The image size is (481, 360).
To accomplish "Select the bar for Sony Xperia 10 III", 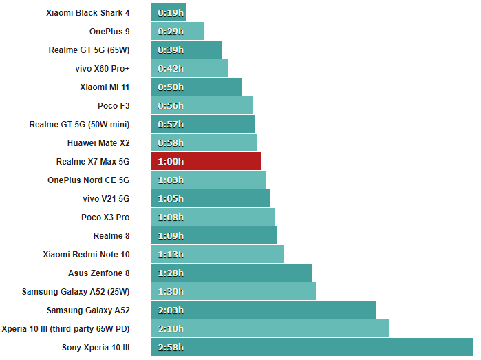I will click(312, 347).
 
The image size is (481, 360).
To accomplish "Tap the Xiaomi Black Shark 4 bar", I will click(168, 12).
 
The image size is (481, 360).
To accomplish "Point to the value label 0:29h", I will click(171, 31).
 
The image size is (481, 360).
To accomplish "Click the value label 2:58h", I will click(171, 347).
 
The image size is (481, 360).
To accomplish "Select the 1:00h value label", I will click(171, 161).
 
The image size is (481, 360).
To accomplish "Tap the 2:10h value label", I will click(171, 328).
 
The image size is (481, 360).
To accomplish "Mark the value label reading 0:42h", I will click(171, 68).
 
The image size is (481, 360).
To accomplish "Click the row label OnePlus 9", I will click(109, 31).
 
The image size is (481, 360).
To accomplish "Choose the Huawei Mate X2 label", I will click(98, 142).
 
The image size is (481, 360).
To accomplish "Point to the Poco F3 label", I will click(114, 105).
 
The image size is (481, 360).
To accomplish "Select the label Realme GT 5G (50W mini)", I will click(79, 124).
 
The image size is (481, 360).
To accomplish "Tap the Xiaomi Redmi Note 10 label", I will click(86, 254).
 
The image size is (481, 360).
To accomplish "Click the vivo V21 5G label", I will click(106, 198).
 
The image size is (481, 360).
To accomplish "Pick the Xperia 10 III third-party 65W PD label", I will click(66, 328).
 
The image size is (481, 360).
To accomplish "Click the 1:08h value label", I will click(171, 217).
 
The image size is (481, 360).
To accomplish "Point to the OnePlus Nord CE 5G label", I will click(88, 180).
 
